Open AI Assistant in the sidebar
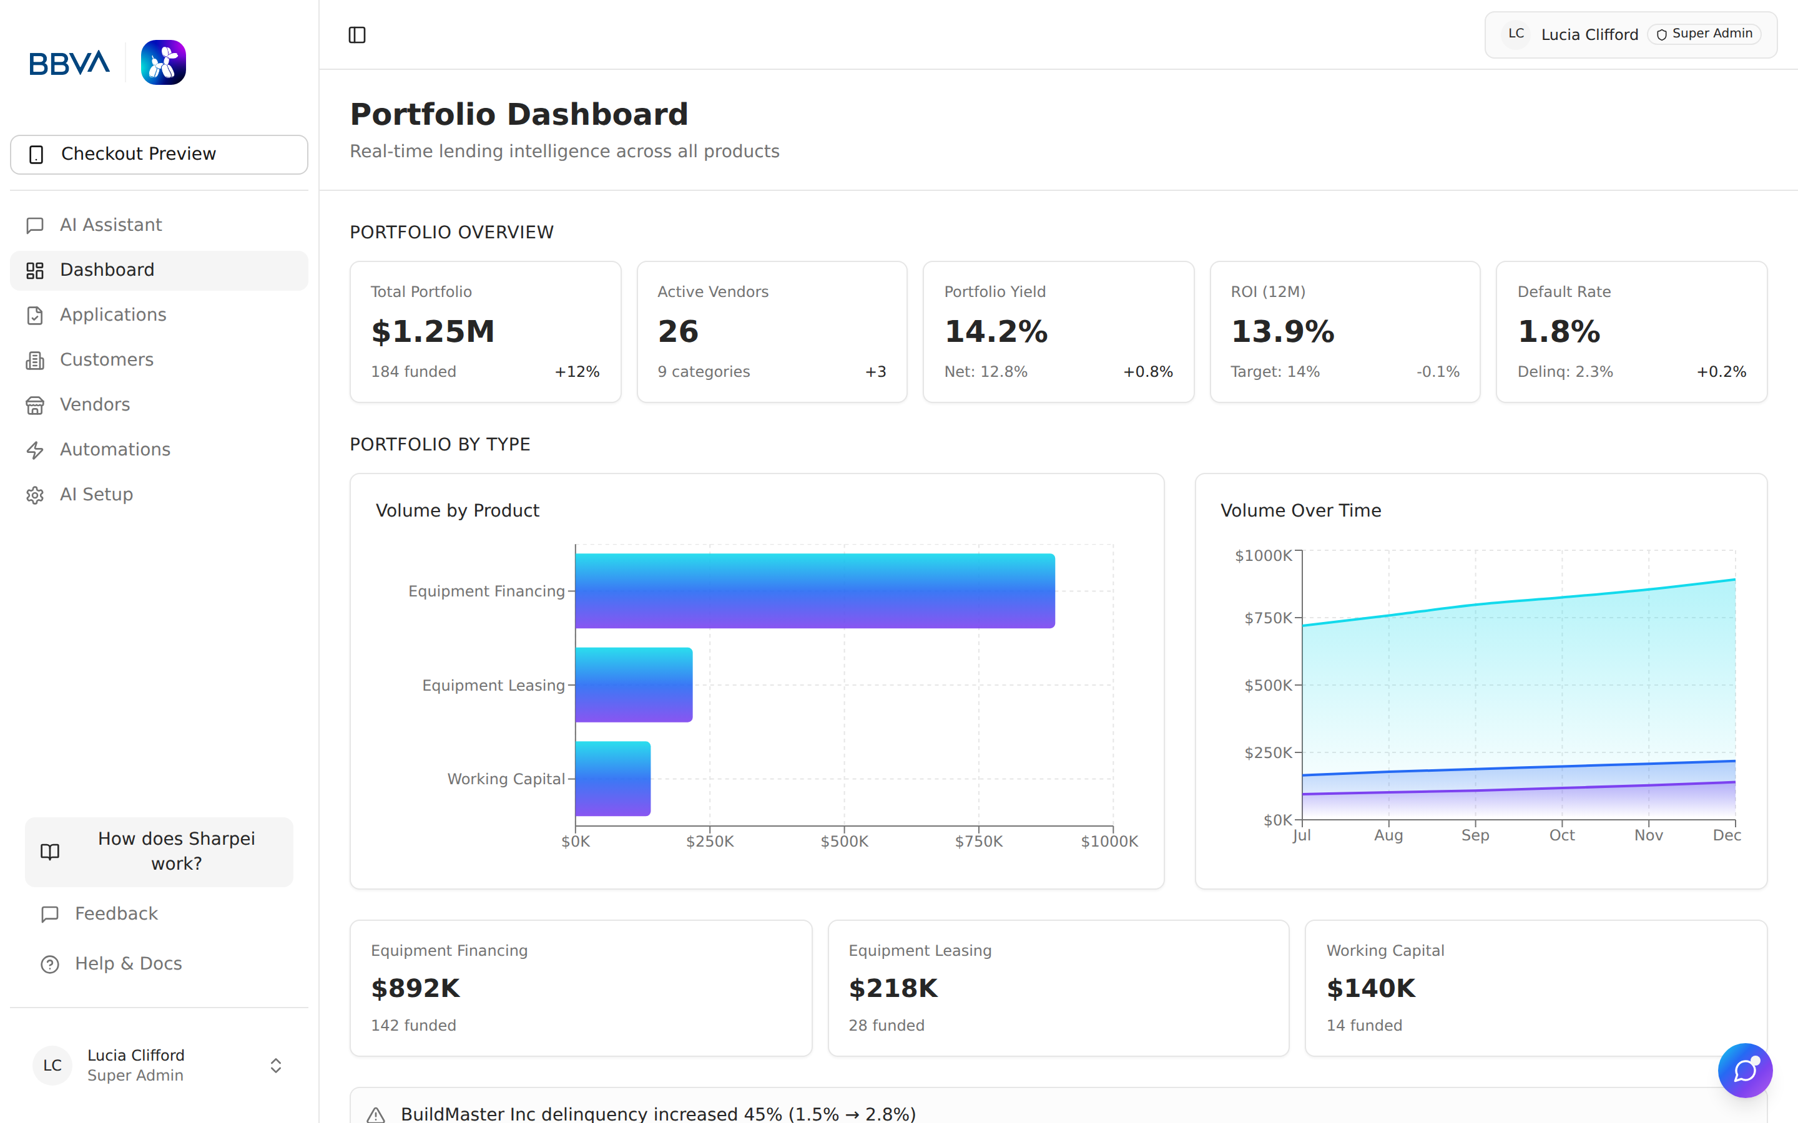[x=111, y=225]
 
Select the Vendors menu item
[x=94, y=405]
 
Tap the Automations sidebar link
[x=114, y=449]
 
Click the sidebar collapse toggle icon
[x=356, y=35]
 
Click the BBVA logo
[x=69, y=63]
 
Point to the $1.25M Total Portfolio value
[x=433, y=331]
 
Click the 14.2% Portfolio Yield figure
[x=996, y=331]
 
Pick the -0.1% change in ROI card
[x=1438, y=371]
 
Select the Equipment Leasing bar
[x=634, y=685]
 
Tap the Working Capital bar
[x=613, y=779]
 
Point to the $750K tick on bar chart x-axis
[x=978, y=842]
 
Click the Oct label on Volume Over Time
[x=1562, y=835]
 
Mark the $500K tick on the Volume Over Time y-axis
[x=1268, y=685]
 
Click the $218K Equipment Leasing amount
[x=893, y=989]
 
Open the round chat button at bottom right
[x=1744, y=1070]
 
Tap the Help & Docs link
[x=128, y=963]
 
